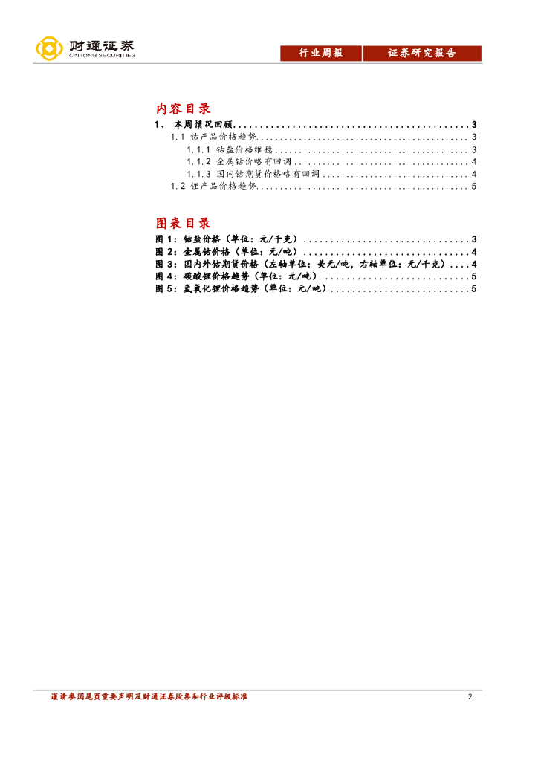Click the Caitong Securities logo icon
[49, 49]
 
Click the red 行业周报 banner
[321, 54]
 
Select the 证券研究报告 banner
[422, 54]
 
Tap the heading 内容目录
[184, 109]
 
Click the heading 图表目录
[184, 223]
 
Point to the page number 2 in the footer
[470, 697]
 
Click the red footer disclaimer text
[149, 697]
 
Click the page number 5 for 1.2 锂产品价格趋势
[473, 187]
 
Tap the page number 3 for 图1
[473, 239]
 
